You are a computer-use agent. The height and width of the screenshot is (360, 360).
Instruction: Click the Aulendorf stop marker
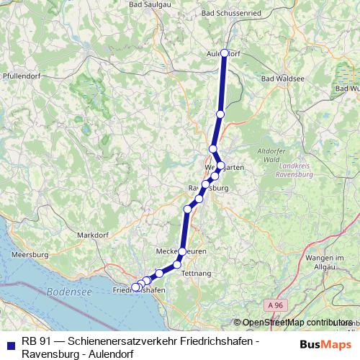[x=225, y=53]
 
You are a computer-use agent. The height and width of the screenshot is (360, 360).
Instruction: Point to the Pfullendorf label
[x=22, y=75]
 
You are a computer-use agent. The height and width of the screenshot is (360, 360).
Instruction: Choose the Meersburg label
[x=30, y=254]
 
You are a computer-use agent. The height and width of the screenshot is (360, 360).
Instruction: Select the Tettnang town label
[x=197, y=274]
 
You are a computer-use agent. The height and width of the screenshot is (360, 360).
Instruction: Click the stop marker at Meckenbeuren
[x=182, y=251]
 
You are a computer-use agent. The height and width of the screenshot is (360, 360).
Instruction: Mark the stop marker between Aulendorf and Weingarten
[x=220, y=114]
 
